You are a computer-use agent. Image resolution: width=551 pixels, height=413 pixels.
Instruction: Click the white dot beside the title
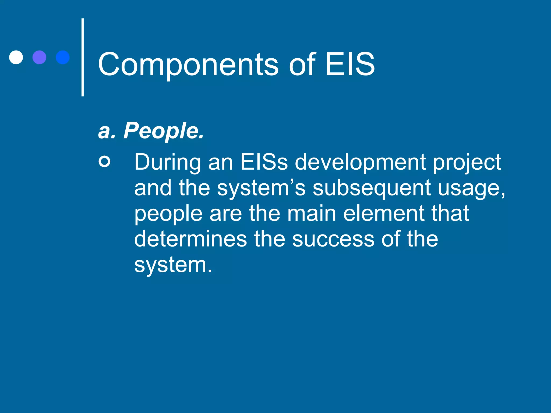16,57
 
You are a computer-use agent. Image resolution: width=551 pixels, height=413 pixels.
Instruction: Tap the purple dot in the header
39,57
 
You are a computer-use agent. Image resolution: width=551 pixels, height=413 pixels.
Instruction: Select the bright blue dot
63,57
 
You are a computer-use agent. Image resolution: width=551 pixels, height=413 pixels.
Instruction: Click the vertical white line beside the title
83,57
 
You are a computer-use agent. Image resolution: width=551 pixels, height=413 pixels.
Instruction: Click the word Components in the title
188,65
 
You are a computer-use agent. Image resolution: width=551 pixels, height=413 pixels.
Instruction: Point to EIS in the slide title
349,64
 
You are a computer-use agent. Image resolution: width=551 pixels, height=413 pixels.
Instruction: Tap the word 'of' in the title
302,64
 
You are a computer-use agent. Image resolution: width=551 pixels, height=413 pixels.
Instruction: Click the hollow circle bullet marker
104,162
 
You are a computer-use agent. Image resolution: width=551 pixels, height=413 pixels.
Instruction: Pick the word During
168,162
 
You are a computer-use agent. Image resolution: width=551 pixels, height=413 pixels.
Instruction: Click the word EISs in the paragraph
264,162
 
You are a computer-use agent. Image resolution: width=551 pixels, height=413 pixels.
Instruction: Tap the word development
360,163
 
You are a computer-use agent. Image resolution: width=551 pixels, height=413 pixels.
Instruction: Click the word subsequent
372,188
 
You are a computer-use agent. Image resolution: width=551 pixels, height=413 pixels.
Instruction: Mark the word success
333,239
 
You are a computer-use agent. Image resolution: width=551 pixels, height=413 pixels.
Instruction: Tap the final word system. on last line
173,265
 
